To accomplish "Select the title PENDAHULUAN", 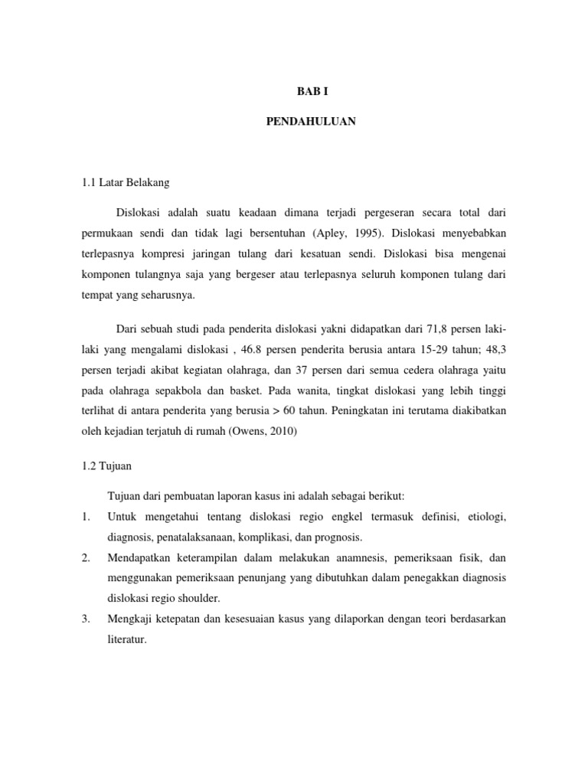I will coord(311,121).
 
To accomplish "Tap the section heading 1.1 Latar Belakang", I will coord(126,183).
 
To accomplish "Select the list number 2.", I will coord(86,558).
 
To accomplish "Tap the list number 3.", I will coord(86,618).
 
